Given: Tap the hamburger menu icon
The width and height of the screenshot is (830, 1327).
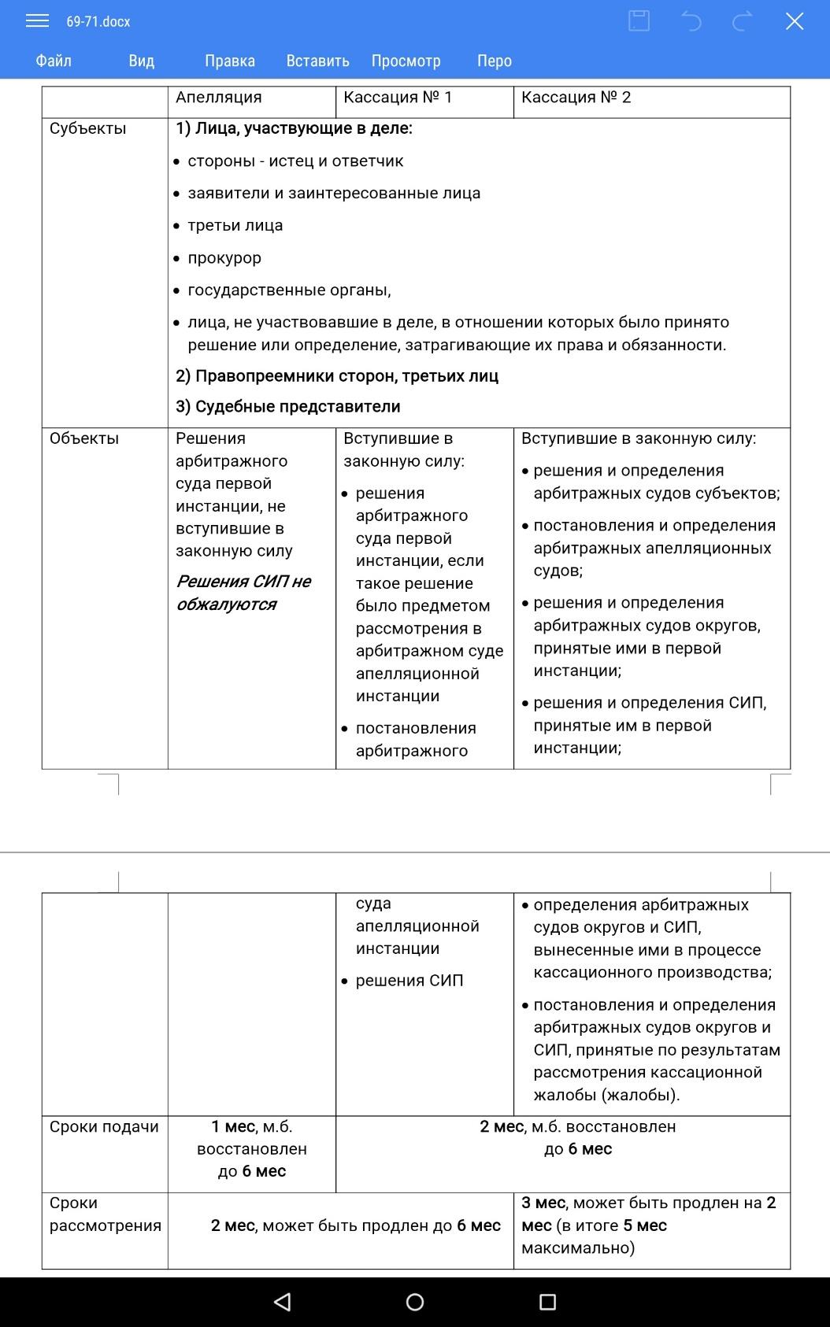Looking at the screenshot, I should tap(37, 21).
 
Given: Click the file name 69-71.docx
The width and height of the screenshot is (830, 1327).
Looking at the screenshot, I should tap(98, 22).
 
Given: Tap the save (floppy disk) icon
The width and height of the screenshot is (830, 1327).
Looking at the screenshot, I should tap(639, 21).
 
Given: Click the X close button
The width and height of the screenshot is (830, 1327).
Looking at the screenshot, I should tap(794, 21).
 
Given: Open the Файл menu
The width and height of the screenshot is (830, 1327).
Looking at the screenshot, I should tap(54, 61).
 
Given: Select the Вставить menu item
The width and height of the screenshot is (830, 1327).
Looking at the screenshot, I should tap(317, 61).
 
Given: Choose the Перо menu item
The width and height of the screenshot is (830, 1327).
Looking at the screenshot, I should tap(494, 61).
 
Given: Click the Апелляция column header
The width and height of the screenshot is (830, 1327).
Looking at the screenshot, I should tap(219, 98).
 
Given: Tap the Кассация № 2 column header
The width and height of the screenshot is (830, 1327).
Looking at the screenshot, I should tap(576, 98).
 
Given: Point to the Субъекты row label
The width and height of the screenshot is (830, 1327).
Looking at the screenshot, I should tap(87, 128).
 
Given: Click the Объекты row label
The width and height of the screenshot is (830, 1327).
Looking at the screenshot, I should tap(84, 438).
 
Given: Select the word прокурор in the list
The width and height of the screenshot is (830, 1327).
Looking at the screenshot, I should tap(224, 258).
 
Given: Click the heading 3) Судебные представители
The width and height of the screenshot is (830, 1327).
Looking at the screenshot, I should tap(288, 407).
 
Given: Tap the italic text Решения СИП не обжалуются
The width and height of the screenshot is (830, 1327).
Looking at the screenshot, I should tap(243, 593).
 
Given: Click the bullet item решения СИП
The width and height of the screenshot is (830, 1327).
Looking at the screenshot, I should tap(409, 981).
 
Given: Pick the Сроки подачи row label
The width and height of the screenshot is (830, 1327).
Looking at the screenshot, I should tap(104, 1127).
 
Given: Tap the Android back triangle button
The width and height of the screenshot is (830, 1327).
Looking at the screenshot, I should tap(282, 1302).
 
